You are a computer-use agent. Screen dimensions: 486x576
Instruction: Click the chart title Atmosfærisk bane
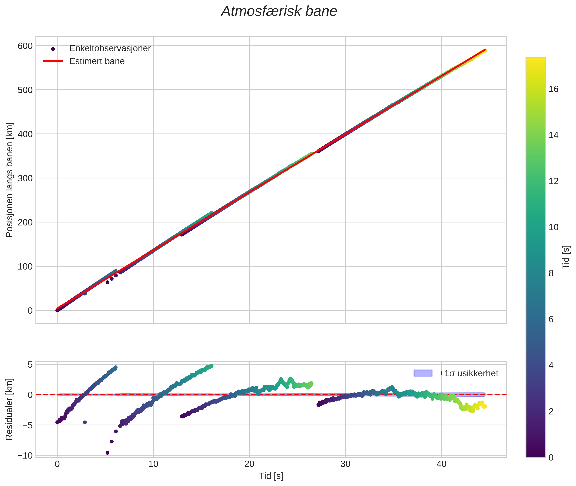[x=279, y=11]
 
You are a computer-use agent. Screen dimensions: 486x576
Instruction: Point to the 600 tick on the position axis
[x=25, y=46]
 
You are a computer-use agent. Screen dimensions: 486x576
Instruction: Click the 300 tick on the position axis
[x=25, y=178]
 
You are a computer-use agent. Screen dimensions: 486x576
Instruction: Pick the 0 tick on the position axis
[x=30, y=311]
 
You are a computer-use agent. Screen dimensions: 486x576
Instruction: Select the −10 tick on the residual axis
[x=25, y=455]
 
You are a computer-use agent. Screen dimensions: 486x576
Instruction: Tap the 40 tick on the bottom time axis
[x=441, y=464]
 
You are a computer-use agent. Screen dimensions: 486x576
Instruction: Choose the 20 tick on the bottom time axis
[x=249, y=464]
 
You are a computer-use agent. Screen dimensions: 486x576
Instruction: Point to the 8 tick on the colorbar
[x=551, y=273]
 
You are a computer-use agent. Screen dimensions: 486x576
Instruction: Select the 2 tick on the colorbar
[x=551, y=411]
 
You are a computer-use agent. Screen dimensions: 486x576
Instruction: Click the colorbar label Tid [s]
[x=566, y=257]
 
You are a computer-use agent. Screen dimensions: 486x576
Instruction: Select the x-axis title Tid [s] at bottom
[x=271, y=476]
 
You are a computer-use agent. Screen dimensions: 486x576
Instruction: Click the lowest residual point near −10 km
[x=107, y=453]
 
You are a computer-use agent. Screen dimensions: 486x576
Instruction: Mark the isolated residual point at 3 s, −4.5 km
[x=85, y=422]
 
